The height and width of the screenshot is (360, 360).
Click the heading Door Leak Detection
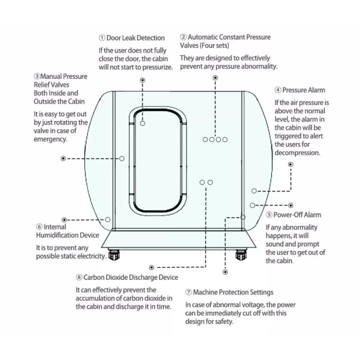pyautogui.click(x=135, y=38)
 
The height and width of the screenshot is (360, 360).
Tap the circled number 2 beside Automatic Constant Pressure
pyautogui.click(x=183, y=37)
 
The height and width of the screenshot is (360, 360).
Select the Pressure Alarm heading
pyautogui.click(x=303, y=90)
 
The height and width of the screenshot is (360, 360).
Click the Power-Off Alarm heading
pyautogui.click(x=297, y=215)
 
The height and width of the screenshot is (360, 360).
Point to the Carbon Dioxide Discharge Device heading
pyautogui.click(x=130, y=277)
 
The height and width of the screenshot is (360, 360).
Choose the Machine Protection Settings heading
pyautogui.click(x=233, y=292)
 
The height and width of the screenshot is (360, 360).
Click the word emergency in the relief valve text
pyautogui.click(x=50, y=139)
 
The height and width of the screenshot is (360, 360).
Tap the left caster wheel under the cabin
pyautogui.click(x=114, y=254)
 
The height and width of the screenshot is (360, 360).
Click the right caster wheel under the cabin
pyautogui.click(x=241, y=254)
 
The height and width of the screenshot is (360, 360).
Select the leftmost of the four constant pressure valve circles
pyautogui.click(x=205, y=139)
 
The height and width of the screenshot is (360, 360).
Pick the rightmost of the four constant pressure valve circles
pyautogui.click(x=225, y=139)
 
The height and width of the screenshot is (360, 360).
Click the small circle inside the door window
pyautogui.click(x=142, y=123)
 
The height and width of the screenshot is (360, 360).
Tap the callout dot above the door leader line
pyautogui.click(x=142, y=80)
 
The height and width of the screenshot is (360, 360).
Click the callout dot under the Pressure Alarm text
pyautogui.click(x=290, y=164)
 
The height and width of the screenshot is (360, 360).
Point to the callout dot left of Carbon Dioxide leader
pyautogui.click(x=151, y=267)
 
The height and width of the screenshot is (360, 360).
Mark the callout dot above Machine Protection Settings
pyautogui.click(x=225, y=272)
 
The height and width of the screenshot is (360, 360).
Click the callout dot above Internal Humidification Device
pyautogui.click(x=64, y=220)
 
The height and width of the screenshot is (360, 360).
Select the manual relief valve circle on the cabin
pyautogui.click(x=122, y=158)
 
